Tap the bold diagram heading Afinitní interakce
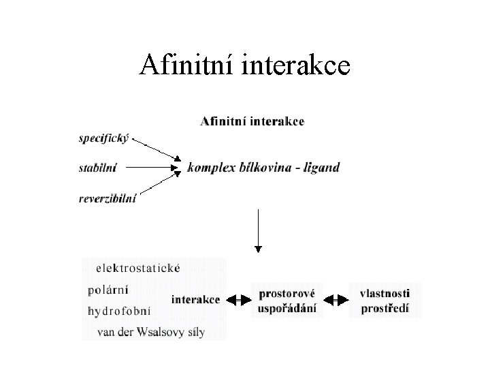click(x=252, y=122)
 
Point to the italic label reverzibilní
click(x=108, y=198)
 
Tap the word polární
click(x=108, y=288)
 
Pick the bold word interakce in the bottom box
click(x=195, y=299)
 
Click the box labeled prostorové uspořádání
click(x=287, y=300)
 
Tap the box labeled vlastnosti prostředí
click(x=385, y=300)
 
